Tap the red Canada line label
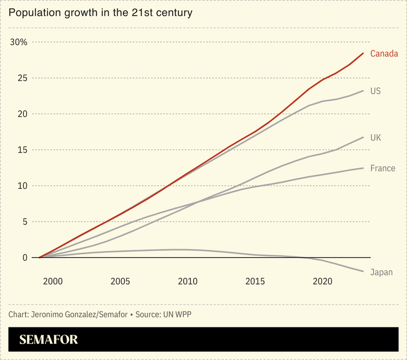pyautogui.click(x=384, y=54)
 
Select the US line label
pyautogui.click(x=375, y=91)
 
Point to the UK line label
pyautogui.click(x=375, y=138)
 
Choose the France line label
pyautogui.click(x=383, y=168)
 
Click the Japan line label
pyautogui.click(x=382, y=272)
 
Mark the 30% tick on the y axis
pyautogui.click(x=22, y=42)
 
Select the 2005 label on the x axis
pyautogui.click(x=120, y=281)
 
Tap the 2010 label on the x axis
pyautogui.click(x=187, y=281)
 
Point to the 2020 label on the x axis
pyautogui.click(x=322, y=281)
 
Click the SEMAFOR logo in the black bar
pyautogui.click(x=49, y=340)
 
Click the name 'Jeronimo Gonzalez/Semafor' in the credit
pyautogui.click(x=79, y=314)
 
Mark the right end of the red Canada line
pyautogui.click(x=363, y=53)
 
